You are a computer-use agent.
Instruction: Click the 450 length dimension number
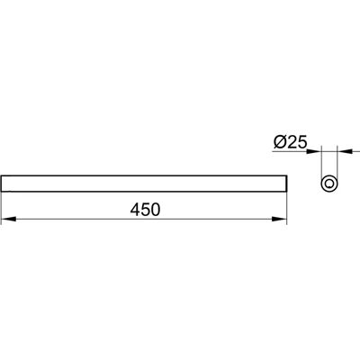[145, 210]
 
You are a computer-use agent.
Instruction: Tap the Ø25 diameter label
[290, 142]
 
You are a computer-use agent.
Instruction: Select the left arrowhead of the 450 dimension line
[9, 220]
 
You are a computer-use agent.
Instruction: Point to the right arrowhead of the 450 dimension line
[280, 220]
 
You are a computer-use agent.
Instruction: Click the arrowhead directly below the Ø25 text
[314, 152]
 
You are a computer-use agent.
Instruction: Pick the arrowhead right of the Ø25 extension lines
[345, 152]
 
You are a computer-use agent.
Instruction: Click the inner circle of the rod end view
[329, 184]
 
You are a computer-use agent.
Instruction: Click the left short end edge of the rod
[2, 184]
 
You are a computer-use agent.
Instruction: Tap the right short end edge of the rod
[287, 184]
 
